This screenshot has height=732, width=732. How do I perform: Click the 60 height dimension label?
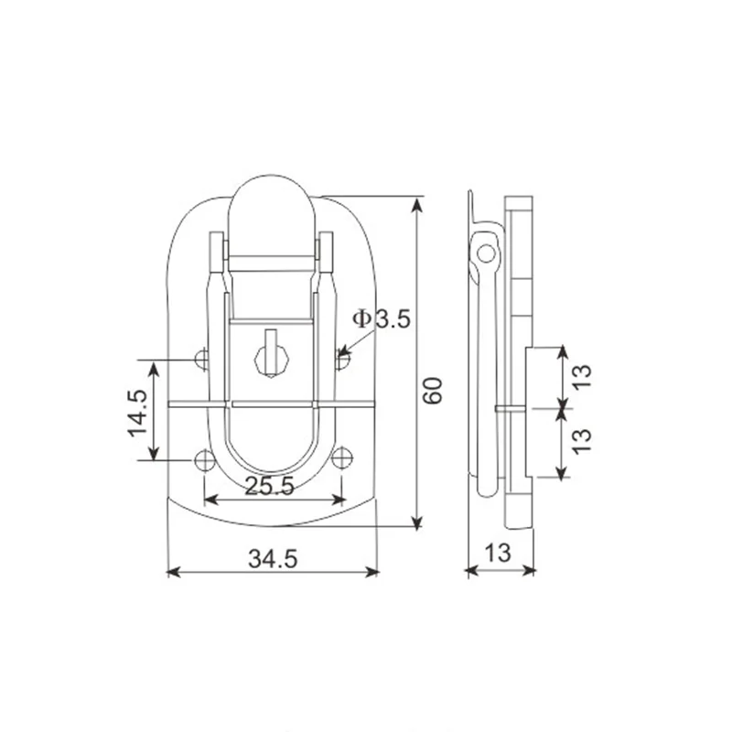(433, 391)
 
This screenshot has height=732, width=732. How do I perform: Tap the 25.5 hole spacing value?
(271, 487)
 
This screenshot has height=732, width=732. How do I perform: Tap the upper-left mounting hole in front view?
(204, 360)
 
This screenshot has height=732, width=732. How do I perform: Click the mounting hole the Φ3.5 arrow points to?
(341, 360)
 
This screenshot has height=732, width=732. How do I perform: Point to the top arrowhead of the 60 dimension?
(417, 202)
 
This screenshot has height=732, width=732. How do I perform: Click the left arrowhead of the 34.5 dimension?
(172, 572)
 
